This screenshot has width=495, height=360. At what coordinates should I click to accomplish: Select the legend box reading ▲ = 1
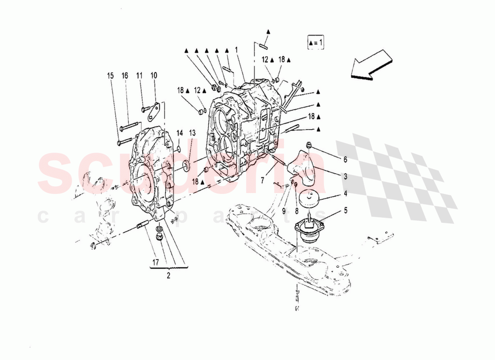coord(316,42)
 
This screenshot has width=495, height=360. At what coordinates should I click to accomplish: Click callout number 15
coord(111,76)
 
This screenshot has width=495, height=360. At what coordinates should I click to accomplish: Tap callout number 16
coord(125,76)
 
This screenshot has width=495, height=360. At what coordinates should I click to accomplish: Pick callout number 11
coord(139,76)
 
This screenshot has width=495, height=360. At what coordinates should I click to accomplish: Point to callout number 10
coord(154,76)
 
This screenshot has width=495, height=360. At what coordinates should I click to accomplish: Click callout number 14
coord(180,133)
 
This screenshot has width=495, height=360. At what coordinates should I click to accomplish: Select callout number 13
coord(192,133)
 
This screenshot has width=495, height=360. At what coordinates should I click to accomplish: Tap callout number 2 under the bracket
coord(169,276)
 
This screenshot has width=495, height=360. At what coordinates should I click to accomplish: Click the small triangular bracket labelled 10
coord(154,112)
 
